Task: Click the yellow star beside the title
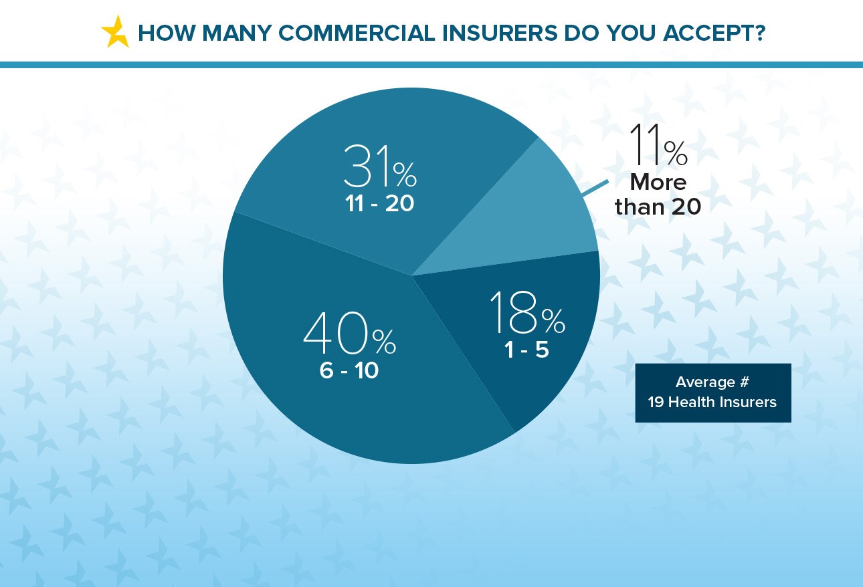tap(115, 32)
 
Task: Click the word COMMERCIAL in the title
tap(357, 33)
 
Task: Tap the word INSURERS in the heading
tap(499, 33)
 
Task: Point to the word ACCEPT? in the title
tap(714, 33)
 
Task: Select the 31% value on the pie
tap(380, 166)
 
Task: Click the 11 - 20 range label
tap(379, 203)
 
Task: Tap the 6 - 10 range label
tap(349, 370)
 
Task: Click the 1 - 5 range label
tap(526, 350)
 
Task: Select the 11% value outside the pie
tap(658, 144)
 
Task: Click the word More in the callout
tap(658, 182)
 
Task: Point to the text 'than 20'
tap(658, 207)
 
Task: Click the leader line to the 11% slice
tap(595, 189)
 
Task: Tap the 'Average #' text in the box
tap(712, 382)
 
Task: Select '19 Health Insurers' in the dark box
tap(712, 402)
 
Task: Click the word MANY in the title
tap(237, 33)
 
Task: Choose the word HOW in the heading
tap(167, 33)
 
